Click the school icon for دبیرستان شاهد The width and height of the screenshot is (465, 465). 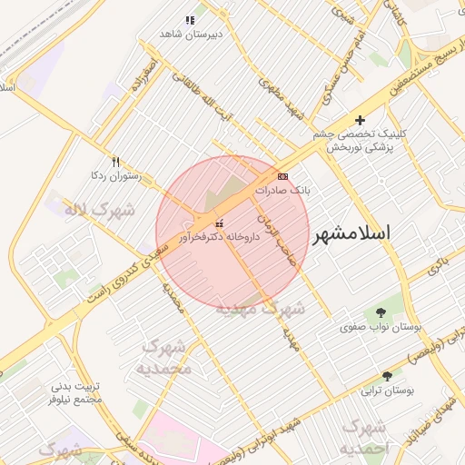pyautogui.click(x=190, y=20)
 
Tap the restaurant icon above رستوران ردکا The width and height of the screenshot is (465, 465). pyautogui.click(x=115, y=161)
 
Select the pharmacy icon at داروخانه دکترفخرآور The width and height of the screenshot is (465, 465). pyautogui.click(x=218, y=223)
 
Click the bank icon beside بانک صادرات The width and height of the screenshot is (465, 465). pyautogui.click(x=282, y=176)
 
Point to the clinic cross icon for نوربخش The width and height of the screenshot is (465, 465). pyautogui.click(x=361, y=120)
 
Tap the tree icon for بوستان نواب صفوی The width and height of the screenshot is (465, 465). pyautogui.click(x=380, y=312)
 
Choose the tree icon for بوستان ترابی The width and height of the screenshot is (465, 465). pyautogui.click(x=388, y=376)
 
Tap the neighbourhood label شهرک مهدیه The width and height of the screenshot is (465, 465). pyautogui.click(x=261, y=309)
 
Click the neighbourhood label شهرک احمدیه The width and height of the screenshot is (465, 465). pyautogui.click(x=362, y=438)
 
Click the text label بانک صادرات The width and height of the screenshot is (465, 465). pyautogui.click(x=282, y=192)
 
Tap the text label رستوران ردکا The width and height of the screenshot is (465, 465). pyautogui.click(x=114, y=174)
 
